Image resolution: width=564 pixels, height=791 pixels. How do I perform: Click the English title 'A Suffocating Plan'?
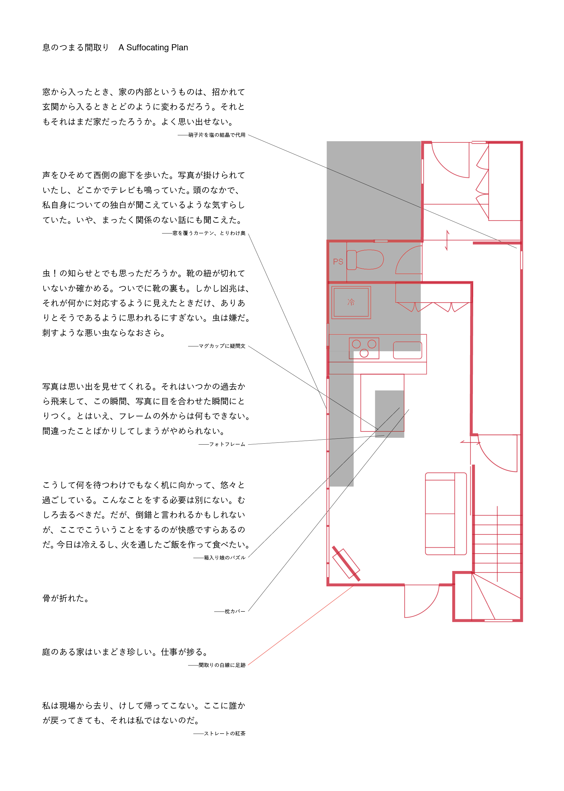pos(153,48)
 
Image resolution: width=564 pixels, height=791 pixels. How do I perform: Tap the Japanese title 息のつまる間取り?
pos(76,48)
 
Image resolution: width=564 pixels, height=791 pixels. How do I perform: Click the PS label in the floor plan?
pos(338,261)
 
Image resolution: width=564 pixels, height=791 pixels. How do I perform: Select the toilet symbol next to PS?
pos(365,260)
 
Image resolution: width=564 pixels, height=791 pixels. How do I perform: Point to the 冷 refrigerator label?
pos(351,302)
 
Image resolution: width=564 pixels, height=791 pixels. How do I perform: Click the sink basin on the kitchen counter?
pos(408,350)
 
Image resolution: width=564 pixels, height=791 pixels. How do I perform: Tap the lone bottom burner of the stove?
pos(364,353)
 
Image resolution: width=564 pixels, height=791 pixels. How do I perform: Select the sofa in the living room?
pos(446,514)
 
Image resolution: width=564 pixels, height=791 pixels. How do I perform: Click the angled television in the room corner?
pos(346,563)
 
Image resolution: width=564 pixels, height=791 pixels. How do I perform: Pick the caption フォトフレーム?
pos(227,445)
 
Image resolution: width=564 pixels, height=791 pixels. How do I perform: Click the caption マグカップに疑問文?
pos(222,346)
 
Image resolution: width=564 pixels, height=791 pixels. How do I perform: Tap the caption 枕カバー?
pos(235,611)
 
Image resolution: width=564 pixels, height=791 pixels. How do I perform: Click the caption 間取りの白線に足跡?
pos(222,665)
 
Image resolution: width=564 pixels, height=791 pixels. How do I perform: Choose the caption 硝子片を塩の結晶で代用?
pos(217,135)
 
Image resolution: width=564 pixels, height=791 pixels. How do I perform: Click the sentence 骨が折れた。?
pos(66,598)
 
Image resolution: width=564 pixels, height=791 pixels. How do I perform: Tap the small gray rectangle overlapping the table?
pos(389,414)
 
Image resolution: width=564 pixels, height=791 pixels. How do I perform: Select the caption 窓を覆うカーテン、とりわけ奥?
pos(209,233)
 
